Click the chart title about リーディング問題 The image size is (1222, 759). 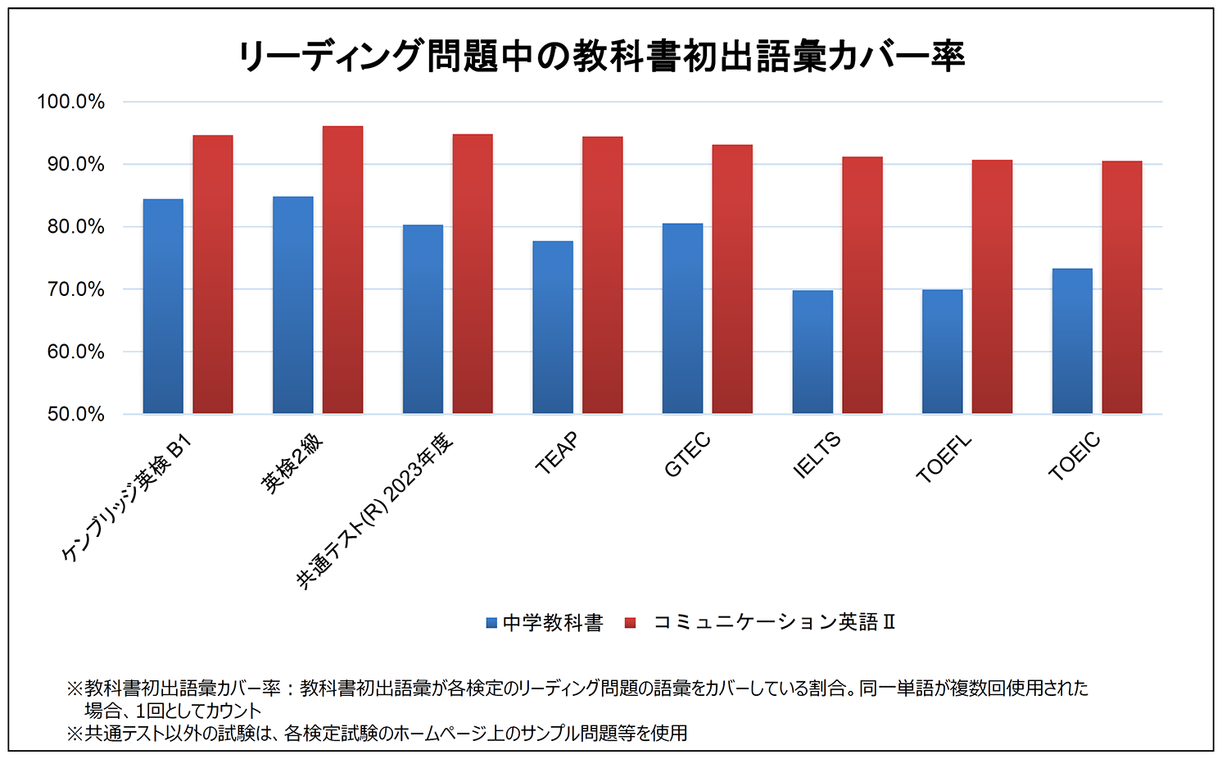[601, 56]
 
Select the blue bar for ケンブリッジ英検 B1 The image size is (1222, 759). [163, 307]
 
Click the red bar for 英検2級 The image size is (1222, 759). [342, 270]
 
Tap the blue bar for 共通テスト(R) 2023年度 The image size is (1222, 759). [423, 320]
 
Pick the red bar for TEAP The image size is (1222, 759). [602, 275]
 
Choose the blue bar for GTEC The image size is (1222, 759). [682, 319]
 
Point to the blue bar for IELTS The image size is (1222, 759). [812, 352]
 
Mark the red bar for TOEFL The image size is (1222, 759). [992, 287]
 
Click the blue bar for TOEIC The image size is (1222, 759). [1071, 341]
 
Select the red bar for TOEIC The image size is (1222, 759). [1121, 287]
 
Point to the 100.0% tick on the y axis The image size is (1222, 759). [70, 102]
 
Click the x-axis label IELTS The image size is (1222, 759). [817, 456]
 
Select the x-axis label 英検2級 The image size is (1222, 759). [292, 464]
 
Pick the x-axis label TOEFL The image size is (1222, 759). [944, 458]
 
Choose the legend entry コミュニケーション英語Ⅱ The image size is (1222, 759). [773, 623]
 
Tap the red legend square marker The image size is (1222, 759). [630, 623]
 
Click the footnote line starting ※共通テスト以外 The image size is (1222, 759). [377, 733]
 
